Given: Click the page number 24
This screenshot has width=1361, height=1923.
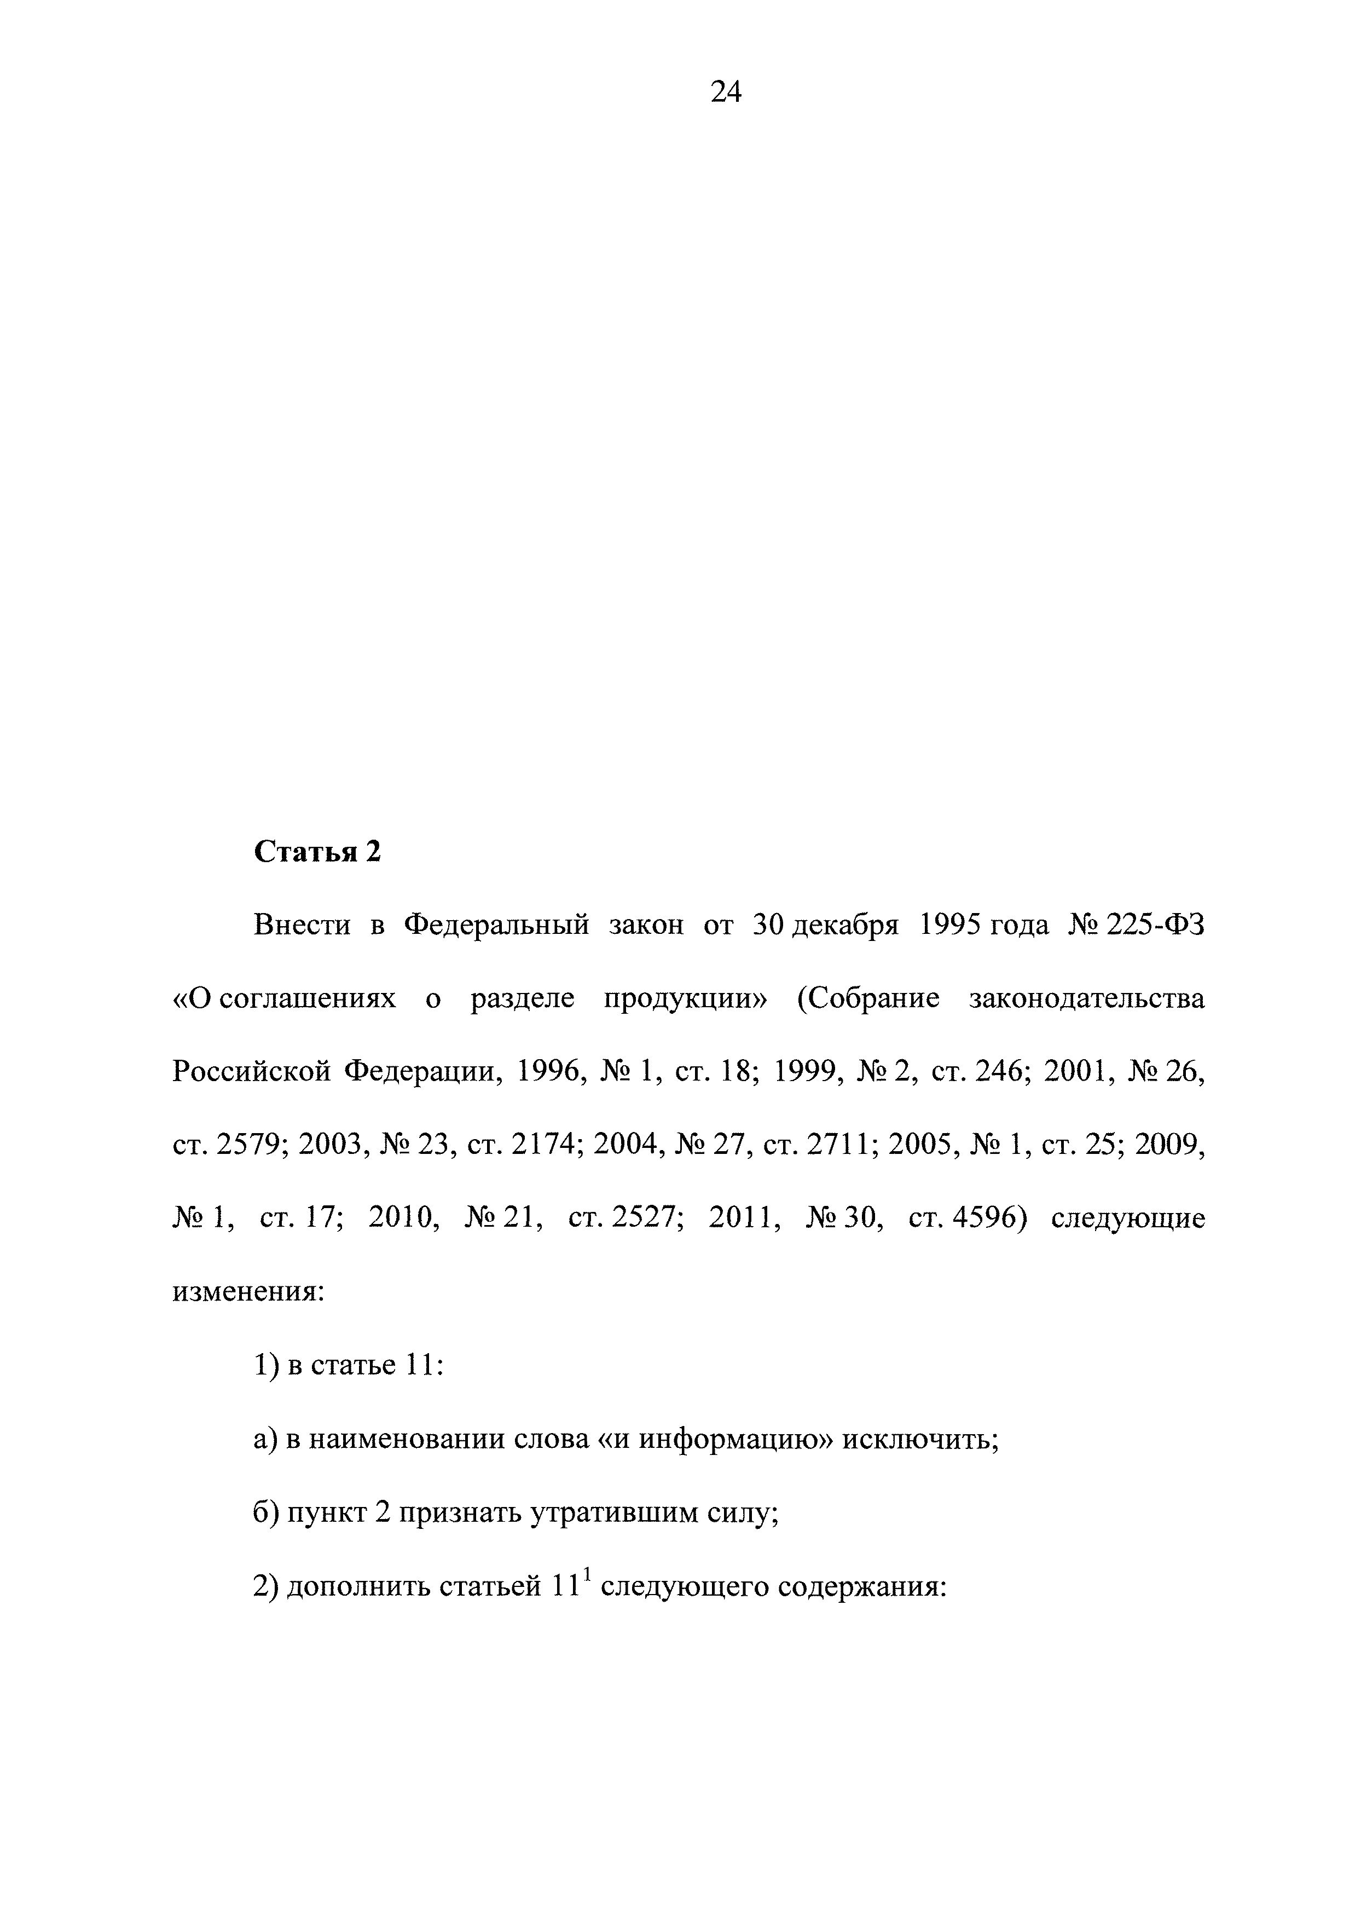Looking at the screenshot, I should click(x=725, y=90).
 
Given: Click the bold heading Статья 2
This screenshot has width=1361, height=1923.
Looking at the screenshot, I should click(x=317, y=852).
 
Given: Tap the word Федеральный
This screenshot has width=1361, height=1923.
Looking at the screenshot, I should click(x=497, y=926).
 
